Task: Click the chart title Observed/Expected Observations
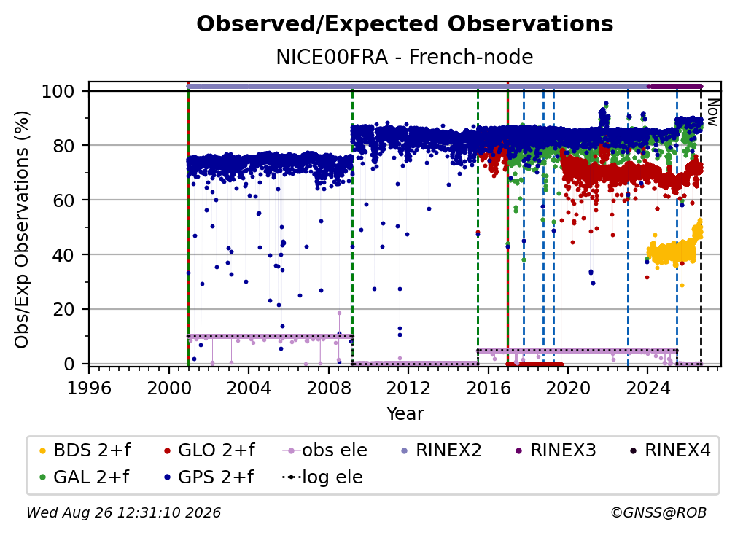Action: tap(405, 24)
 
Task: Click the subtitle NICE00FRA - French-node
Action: tap(405, 57)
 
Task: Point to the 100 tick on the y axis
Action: tap(58, 91)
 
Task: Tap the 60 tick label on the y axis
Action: tap(63, 200)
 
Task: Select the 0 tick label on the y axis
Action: tap(69, 364)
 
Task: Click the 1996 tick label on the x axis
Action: tap(89, 388)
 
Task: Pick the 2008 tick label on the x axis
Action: tap(329, 388)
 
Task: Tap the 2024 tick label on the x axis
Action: tap(647, 388)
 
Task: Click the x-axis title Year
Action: tap(405, 414)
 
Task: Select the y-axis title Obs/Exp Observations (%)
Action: tap(22, 229)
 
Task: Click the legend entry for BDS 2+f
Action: tap(85, 450)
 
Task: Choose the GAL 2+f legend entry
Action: tap(85, 477)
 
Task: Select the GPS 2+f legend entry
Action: tap(209, 477)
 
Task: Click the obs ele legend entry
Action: tap(325, 450)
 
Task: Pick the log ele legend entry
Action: tap(322, 477)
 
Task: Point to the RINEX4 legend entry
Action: tap(670, 450)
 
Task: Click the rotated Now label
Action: tap(712, 112)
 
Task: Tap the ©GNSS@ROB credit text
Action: tap(658, 512)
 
